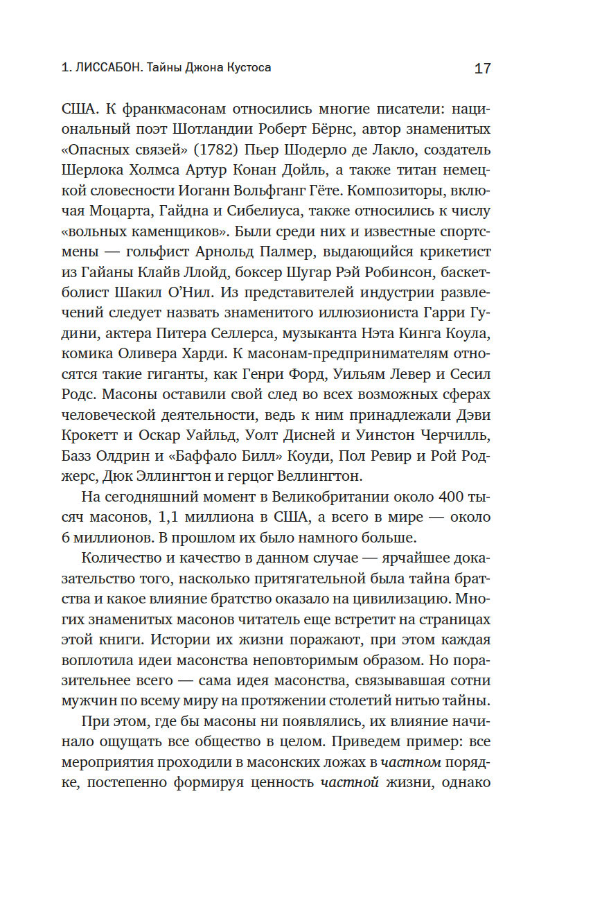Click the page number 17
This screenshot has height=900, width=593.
coord(482,69)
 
